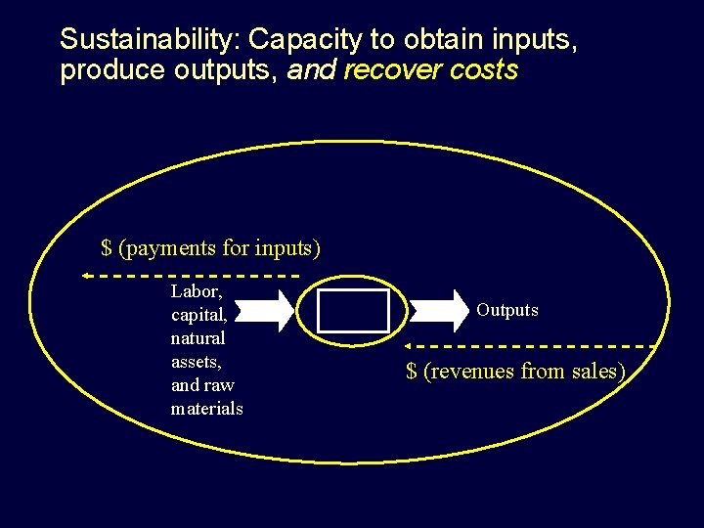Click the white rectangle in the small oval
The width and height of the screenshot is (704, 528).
pyautogui.click(x=353, y=311)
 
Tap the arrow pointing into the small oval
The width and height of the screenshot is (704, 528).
pyautogui.click(x=264, y=311)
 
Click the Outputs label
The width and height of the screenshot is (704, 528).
pyautogui.click(x=507, y=310)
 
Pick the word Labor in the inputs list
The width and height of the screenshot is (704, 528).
pyautogui.click(x=196, y=291)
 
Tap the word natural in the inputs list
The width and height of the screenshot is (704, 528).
pyautogui.click(x=198, y=338)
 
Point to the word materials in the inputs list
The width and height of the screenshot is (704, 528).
pyautogui.click(x=207, y=409)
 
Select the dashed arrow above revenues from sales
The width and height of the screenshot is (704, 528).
pyautogui.click(x=528, y=346)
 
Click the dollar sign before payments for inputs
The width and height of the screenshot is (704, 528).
pyautogui.click(x=107, y=248)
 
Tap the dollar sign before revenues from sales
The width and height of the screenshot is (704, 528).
pyautogui.click(x=412, y=372)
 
